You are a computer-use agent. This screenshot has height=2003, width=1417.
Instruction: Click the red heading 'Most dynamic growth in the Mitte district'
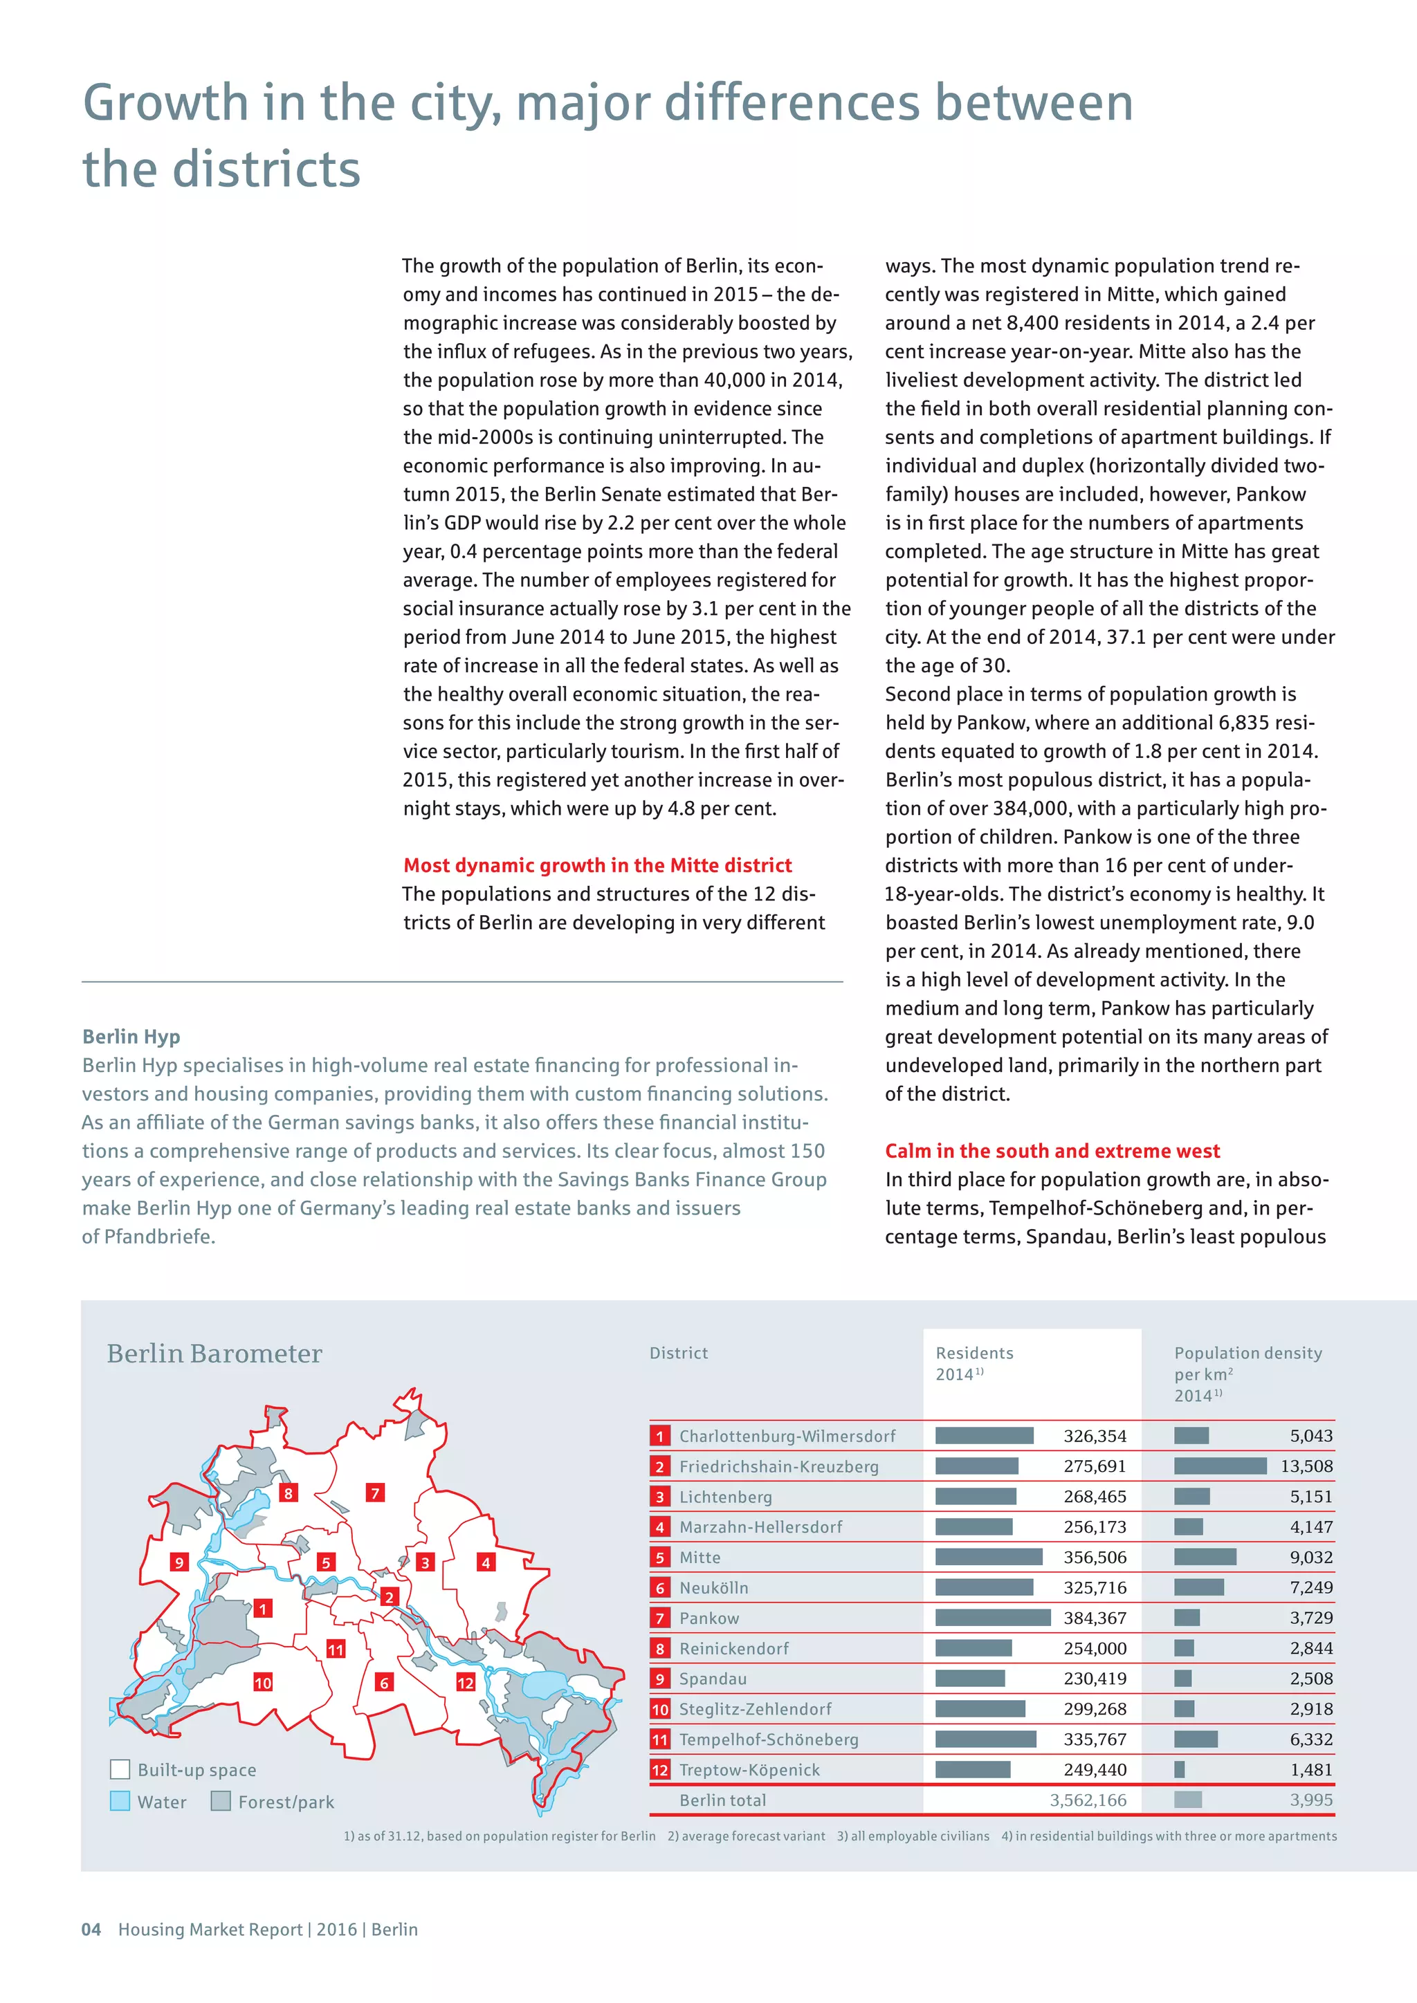tap(597, 865)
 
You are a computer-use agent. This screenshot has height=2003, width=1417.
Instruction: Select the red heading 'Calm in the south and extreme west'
tap(1052, 1151)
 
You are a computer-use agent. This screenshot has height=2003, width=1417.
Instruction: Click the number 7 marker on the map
tap(375, 1493)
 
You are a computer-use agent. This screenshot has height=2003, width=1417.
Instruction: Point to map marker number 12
tap(466, 1682)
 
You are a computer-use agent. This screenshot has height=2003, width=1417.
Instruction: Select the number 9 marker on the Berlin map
tap(179, 1562)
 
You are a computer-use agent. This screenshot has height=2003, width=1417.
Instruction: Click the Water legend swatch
tap(120, 1802)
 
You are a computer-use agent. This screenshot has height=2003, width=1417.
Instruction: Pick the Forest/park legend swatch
tap(221, 1802)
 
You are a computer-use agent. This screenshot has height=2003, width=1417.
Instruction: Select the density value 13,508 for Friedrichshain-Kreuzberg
tap(1306, 1466)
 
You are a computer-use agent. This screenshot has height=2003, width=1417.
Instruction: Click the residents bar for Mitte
tap(988, 1557)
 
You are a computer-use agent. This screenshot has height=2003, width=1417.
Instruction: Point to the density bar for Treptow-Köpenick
tap(1179, 1769)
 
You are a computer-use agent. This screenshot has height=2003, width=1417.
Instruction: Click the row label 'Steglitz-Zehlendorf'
tap(755, 1709)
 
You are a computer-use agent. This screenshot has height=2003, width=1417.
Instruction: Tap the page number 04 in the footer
tap(91, 1929)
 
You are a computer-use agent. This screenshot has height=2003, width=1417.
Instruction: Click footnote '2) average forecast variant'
tap(746, 1836)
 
